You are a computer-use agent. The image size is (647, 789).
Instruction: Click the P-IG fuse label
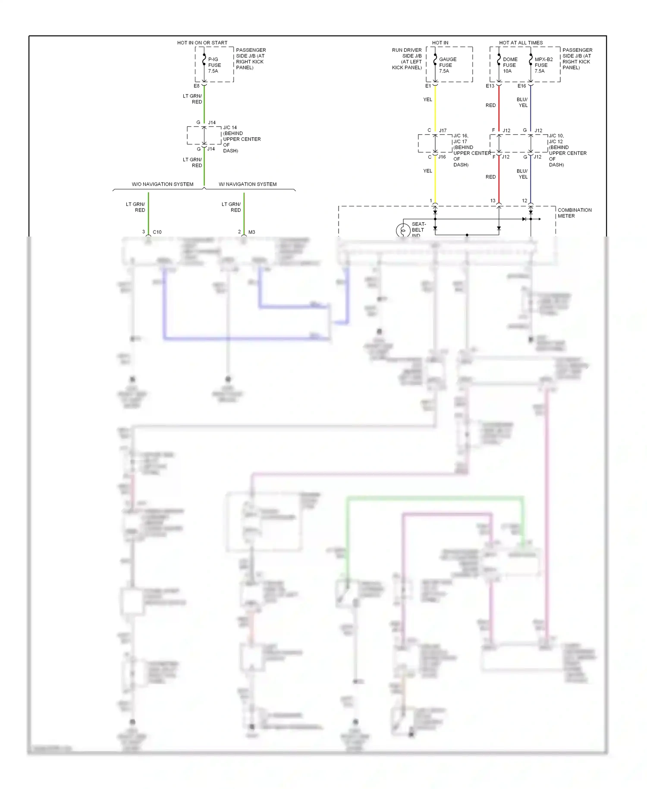coord(214,65)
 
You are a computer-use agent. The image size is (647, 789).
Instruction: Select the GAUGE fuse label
coord(447,65)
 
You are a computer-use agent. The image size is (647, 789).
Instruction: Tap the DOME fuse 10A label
coord(510,65)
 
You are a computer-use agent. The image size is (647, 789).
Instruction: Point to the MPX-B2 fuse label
coord(543,65)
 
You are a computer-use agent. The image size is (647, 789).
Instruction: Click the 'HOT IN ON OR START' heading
coord(202,43)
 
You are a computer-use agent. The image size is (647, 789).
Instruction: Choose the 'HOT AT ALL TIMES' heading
coord(521,43)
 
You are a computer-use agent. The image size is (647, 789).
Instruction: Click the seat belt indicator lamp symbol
coord(403,230)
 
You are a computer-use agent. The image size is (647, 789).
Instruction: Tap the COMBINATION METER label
coord(574,213)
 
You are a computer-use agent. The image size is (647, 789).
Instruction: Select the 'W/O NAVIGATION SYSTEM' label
coord(162,184)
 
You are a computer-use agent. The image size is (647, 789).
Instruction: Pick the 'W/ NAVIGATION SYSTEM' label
coord(248,184)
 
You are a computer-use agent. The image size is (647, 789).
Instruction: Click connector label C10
coord(157,232)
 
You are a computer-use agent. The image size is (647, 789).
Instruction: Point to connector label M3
coord(251,232)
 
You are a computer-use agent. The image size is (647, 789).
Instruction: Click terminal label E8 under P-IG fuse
coord(196,86)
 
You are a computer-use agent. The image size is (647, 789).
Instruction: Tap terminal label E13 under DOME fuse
coord(490,86)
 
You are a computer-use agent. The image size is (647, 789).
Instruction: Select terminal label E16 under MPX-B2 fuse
coord(521,86)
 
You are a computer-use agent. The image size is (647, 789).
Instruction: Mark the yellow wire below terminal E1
coord(435,108)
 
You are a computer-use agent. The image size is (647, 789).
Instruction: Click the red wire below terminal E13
coord(499,108)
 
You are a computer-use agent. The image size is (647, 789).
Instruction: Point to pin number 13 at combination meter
coord(493,201)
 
